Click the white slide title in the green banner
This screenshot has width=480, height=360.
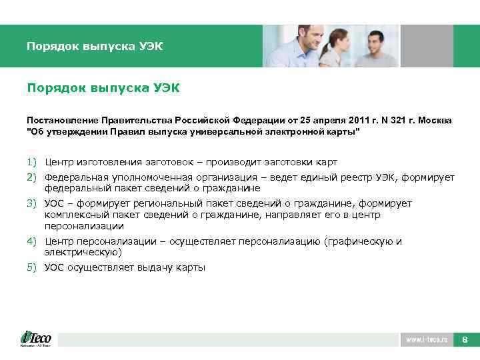coord(95,47)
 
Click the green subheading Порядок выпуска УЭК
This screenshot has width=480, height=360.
coord(103,88)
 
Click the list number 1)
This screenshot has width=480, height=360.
coord(33,162)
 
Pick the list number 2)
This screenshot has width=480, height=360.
coord(33,177)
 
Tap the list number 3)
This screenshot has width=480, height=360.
coord(33,203)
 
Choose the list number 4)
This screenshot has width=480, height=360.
coord(33,241)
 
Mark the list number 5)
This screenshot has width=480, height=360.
coord(33,267)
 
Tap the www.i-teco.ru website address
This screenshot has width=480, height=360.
coord(426,340)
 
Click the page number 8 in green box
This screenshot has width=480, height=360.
coord(465,340)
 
